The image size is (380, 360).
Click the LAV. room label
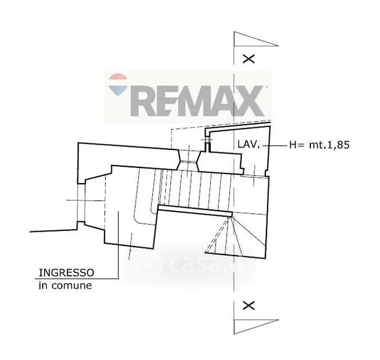coord(249,145)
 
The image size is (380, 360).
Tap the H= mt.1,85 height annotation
coord(319,145)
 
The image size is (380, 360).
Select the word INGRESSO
coord(67,273)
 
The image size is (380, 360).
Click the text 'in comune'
coord(65,286)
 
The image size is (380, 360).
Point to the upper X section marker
coord(249,59)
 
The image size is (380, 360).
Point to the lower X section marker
coord(249,306)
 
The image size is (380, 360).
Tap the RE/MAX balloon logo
coord(118,85)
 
